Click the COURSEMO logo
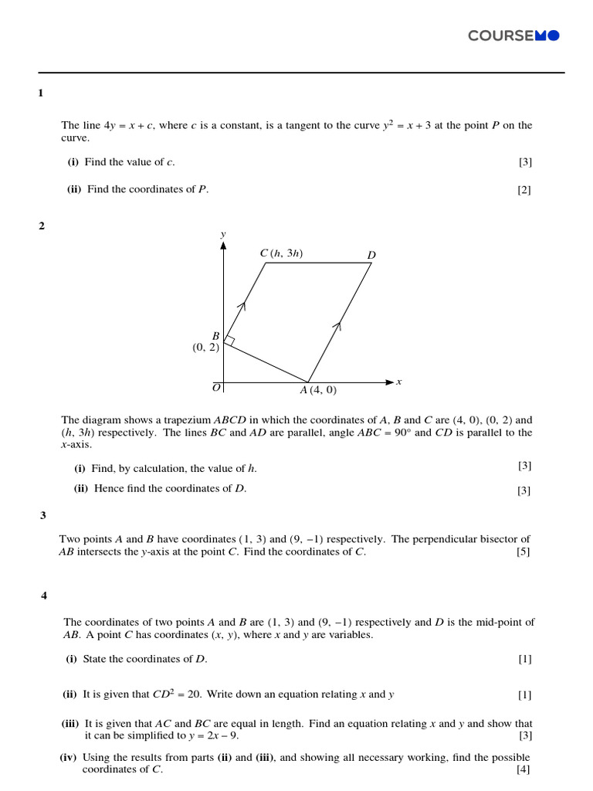tap(513, 36)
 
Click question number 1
tap(41, 93)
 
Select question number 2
tap(42, 226)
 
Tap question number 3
tap(43, 515)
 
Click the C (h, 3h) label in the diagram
tap(282, 253)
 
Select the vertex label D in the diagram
tap(371, 255)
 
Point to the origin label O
tap(216, 387)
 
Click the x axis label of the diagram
tap(399, 382)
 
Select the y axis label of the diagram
tap(223, 233)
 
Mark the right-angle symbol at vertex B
tap(229, 341)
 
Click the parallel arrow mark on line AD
tap(337, 328)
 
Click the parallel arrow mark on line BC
tap(242, 307)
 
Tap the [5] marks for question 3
tap(524, 552)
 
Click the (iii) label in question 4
tap(72, 724)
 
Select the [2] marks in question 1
tap(524, 190)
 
